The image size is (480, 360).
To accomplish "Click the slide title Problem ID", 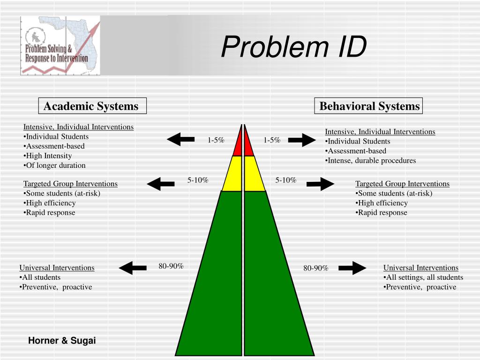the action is click(293, 47).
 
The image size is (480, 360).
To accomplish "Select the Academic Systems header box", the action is click(92, 106).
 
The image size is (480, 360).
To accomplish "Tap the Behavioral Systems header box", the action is click(369, 106).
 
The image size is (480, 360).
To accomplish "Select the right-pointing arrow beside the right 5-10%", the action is click(321, 184).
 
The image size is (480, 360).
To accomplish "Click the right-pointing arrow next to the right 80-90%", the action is click(352, 268).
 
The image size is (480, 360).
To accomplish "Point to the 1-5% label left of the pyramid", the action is click(216, 140).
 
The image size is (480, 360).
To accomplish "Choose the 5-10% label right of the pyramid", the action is click(285, 180).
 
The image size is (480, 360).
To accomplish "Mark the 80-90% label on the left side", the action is click(171, 266).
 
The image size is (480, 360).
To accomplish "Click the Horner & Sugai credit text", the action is click(62, 341).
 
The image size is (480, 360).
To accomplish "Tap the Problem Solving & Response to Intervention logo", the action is click(60, 45).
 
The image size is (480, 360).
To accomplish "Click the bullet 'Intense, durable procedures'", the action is click(371, 160).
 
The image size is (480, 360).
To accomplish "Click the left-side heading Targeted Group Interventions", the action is click(70, 184).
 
